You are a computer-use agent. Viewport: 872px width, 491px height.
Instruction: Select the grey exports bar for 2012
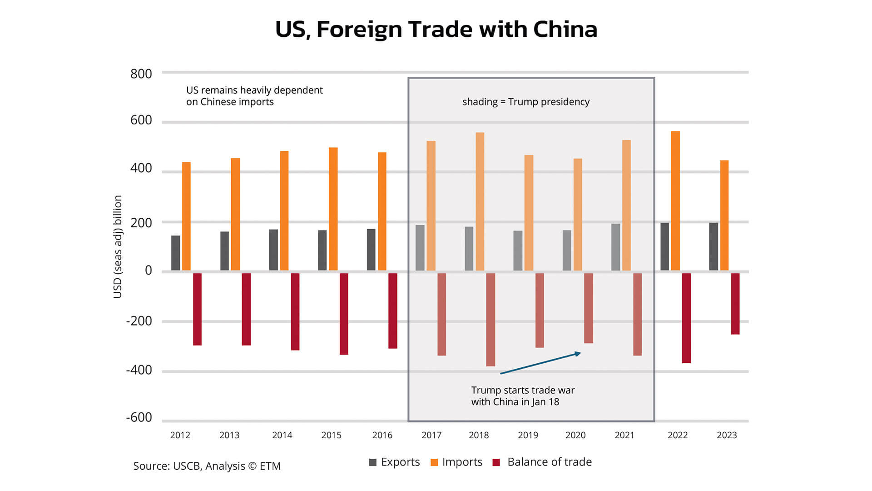(x=175, y=253)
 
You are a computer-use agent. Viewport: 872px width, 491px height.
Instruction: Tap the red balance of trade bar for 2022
(x=686, y=318)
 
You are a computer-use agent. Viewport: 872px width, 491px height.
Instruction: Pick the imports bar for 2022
(x=675, y=200)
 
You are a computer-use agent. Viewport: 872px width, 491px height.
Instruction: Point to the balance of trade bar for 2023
(x=735, y=304)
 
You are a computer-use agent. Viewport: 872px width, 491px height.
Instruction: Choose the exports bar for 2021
(x=615, y=247)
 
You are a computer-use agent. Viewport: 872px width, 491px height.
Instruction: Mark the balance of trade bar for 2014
(x=295, y=311)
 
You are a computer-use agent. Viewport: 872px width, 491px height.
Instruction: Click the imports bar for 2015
(x=333, y=209)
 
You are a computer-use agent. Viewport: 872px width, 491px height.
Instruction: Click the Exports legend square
(x=373, y=462)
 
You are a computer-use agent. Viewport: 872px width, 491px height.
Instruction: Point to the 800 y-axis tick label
(x=141, y=74)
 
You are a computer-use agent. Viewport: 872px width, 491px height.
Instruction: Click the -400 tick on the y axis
(x=139, y=370)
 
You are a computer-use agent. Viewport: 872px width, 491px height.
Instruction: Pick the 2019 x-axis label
(x=528, y=435)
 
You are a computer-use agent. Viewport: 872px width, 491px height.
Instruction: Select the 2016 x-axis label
(x=382, y=435)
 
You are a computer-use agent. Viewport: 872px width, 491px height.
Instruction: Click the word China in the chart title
(x=565, y=29)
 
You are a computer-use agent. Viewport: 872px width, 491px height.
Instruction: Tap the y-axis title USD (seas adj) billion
(x=118, y=246)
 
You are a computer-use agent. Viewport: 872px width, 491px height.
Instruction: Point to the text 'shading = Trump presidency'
(x=525, y=102)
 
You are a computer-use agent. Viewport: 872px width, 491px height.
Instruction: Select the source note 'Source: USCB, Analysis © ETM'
(x=207, y=466)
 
